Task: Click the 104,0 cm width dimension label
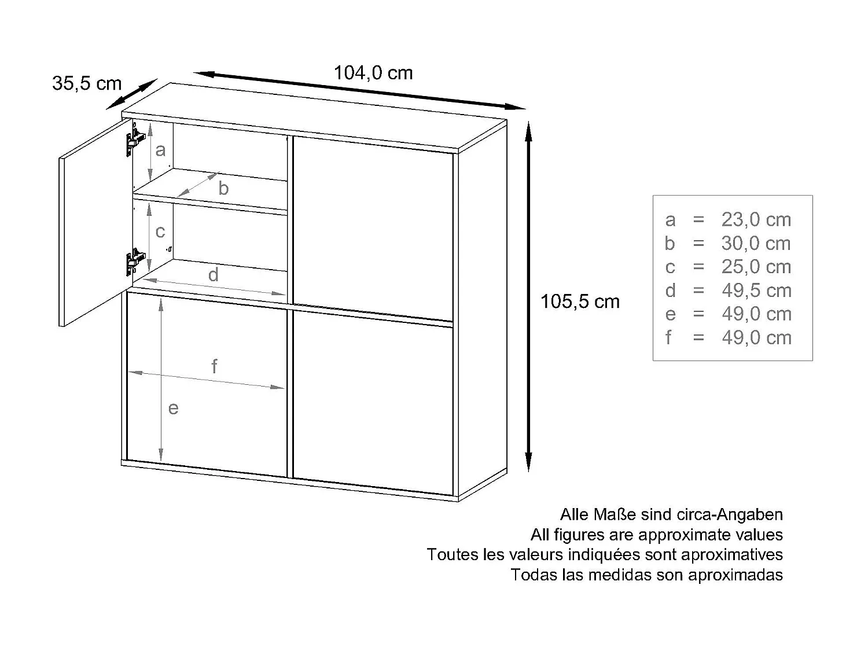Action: (373, 73)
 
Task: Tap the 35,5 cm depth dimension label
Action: (87, 83)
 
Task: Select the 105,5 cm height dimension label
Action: (580, 301)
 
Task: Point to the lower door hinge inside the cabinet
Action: (134, 261)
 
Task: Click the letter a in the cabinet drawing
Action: (161, 150)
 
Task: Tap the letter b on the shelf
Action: (223, 188)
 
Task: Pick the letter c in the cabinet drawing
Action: (160, 231)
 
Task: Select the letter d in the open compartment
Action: (213, 275)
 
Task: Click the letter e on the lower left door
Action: (173, 409)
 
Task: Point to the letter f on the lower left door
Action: (214, 366)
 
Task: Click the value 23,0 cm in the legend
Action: (756, 220)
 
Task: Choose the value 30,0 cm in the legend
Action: (756, 244)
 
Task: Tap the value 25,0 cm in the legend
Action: (756, 267)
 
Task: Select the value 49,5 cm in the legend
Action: (756, 290)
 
